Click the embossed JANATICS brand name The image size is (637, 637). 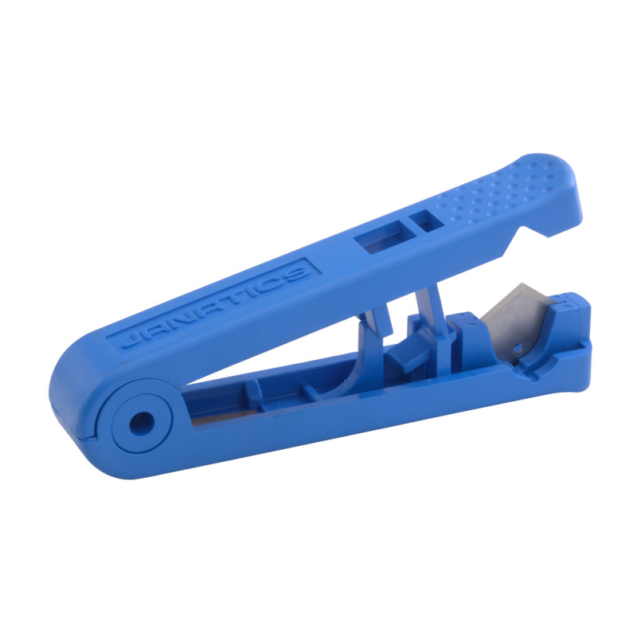[213, 307]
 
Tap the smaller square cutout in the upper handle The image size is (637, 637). [428, 220]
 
